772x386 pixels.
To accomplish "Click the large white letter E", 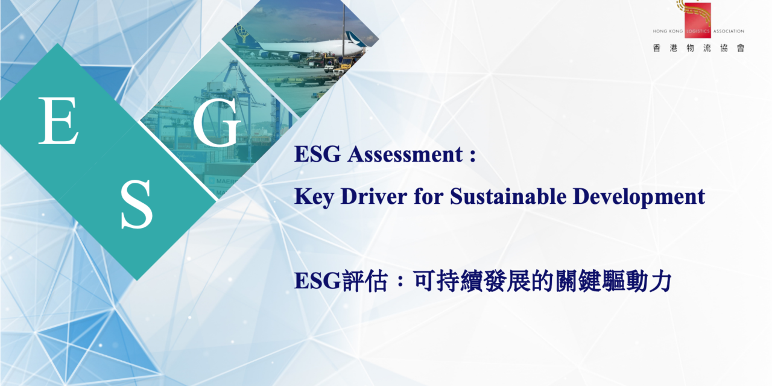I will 59,121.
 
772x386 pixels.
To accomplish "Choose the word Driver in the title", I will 367,197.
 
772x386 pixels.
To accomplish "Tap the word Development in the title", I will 639,197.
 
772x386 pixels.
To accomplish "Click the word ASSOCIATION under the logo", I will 729,31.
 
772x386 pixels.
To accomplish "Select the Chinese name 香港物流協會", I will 698,48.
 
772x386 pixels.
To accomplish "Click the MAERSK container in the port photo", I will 222,180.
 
